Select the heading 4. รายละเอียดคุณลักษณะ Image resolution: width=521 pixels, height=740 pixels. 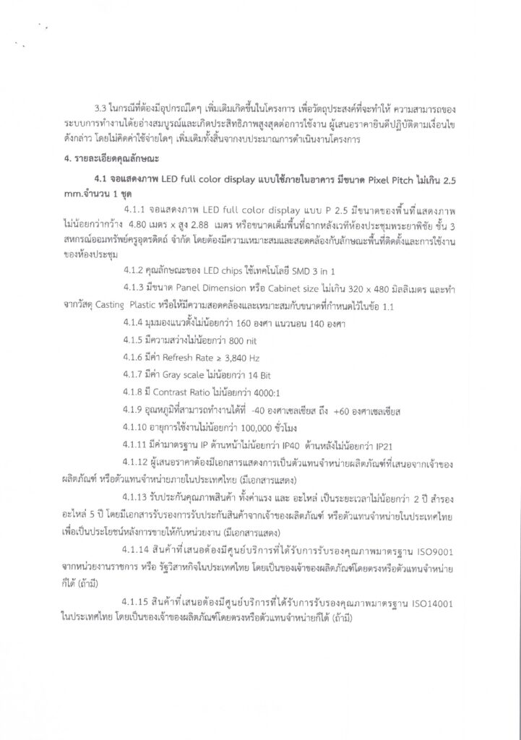coord(109,158)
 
